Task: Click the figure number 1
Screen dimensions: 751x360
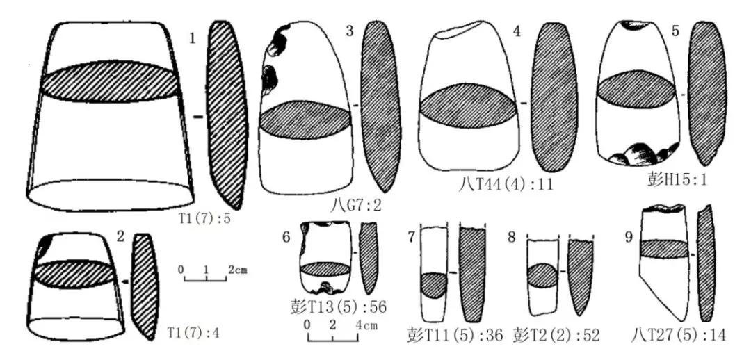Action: [x=193, y=39]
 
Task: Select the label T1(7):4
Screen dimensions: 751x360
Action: [x=193, y=332]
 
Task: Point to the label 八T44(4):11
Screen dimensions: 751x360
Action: [x=506, y=184]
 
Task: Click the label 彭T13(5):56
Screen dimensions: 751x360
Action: [x=338, y=306]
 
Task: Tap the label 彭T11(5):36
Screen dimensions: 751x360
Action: [x=455, y=334]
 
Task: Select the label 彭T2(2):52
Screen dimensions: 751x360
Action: [x=556, y=334]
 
